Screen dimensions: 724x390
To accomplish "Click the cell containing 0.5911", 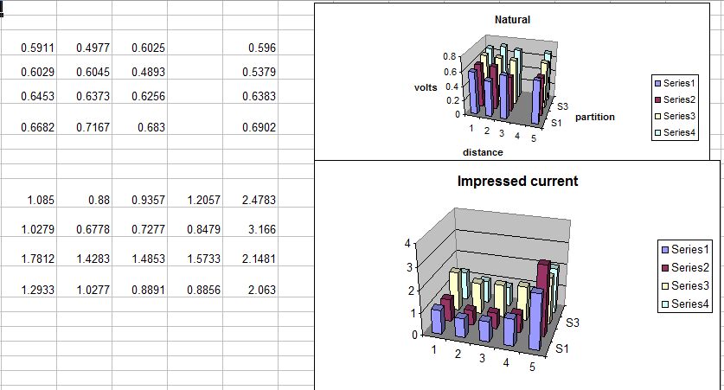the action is tap(29, 48).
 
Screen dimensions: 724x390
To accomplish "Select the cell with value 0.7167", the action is tap(84, 127).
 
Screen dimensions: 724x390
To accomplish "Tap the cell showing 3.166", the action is tap(250, 229).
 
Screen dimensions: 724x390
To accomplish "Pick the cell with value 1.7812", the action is tap(29, 259).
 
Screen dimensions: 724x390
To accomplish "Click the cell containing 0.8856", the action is tap(195, 290).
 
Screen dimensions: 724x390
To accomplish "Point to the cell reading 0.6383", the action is tap(250, 96).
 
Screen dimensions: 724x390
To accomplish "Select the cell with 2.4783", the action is tap(250, 200).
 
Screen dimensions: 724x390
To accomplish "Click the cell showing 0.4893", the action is tap(139, 72).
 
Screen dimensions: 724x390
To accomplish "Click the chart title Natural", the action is tap(513, 20).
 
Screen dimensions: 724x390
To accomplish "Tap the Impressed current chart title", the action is tap(517, 181).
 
